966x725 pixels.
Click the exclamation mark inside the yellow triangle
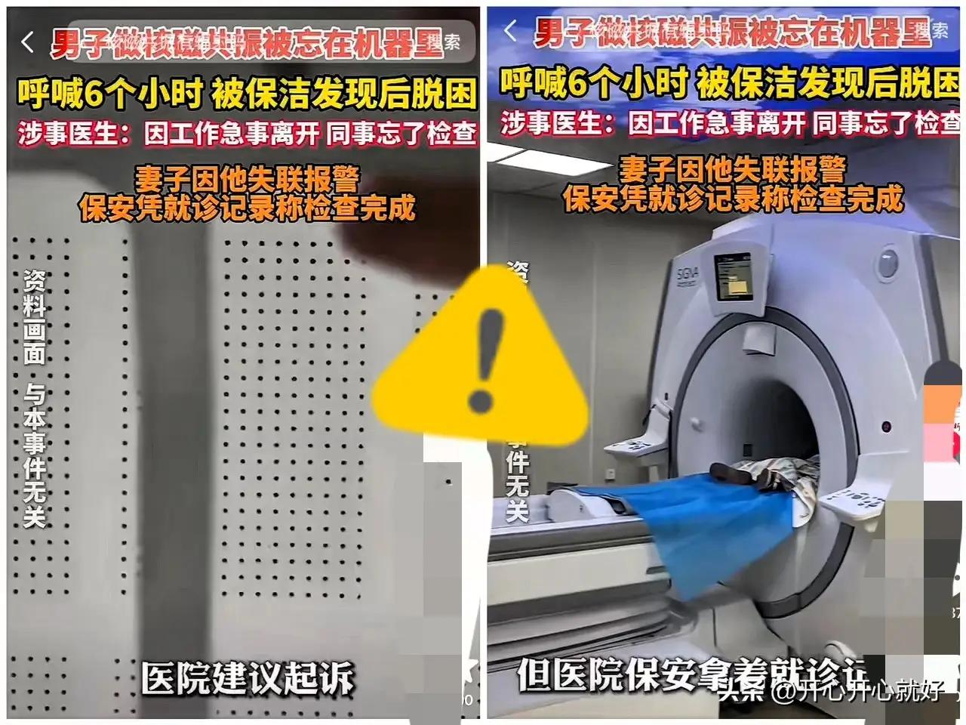tap(482, 355)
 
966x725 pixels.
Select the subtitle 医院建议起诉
tap(248, 677)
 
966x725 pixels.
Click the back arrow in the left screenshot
tap(28, 42)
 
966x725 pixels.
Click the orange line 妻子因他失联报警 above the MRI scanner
tap(732, 169)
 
